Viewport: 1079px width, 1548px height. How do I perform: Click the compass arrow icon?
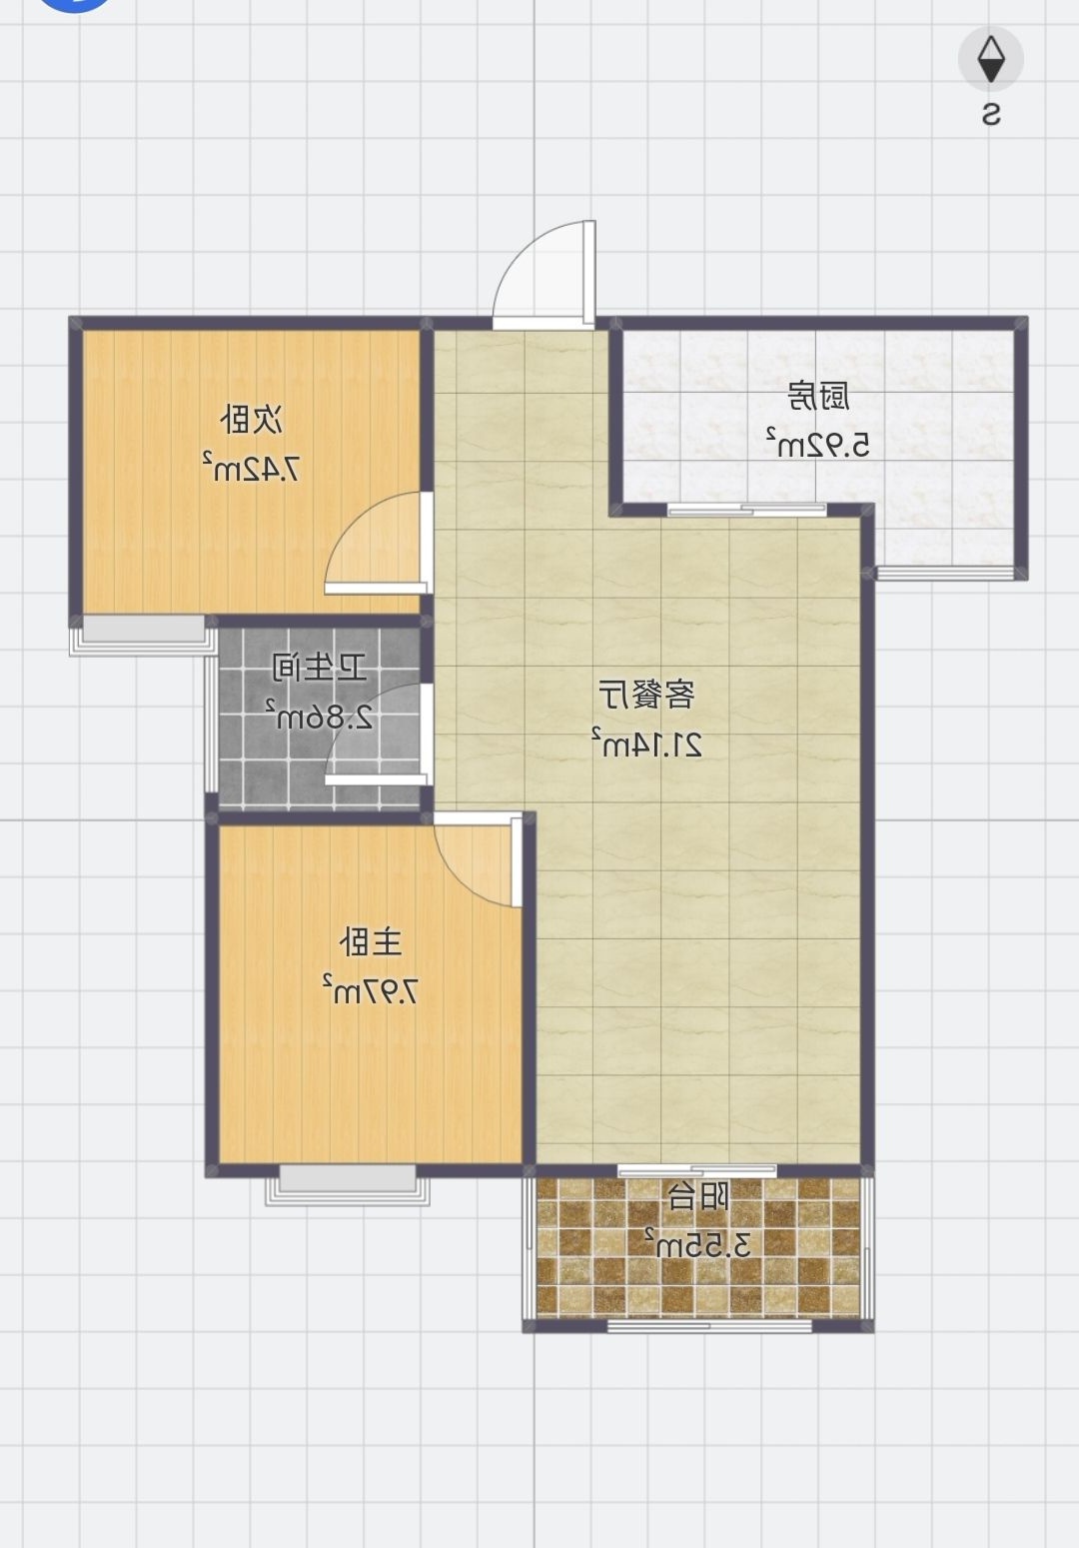coord(990,59)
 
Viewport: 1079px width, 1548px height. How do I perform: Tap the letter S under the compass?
coord(991,114)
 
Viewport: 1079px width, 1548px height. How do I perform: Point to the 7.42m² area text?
coord(252,467)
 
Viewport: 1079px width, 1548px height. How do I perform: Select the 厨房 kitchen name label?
coord(818,397)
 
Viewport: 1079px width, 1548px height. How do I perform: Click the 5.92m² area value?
coord(817,444)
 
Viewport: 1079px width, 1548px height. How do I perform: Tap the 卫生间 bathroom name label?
coord(319,669)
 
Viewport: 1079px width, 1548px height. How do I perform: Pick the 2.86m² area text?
coord(320,716)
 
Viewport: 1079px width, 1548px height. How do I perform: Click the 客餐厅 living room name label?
coord(646,695)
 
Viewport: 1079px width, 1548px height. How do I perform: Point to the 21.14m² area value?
coord(646,743)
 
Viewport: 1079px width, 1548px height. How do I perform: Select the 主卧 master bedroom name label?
coord(371,942)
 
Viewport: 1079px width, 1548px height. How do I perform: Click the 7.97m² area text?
coord(371,989)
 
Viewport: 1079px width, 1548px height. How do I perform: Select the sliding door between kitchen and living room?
coord(746,510)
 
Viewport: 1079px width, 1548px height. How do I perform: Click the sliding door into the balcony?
coord(697,1170)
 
